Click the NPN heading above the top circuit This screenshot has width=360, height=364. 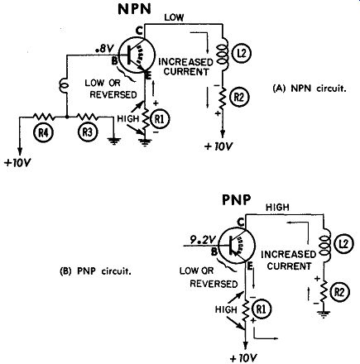[x=135, y=9]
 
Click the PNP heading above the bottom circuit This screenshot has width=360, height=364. [x=237, y=200]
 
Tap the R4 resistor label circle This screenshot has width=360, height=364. [x=43, y=133]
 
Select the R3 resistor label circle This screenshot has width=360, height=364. [x=88, y=132]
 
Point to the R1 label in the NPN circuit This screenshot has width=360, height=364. [x=161, y=119]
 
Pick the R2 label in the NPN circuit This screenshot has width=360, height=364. [x=239, y=97]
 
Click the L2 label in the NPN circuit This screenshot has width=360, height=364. [x=241, y=53]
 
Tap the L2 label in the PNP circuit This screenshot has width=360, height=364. [x=343, y=244]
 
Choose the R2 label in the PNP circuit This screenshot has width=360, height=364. [x=341, y=292]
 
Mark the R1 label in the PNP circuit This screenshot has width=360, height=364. [x=262, y=309]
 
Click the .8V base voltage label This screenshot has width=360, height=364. [x=104, y=50]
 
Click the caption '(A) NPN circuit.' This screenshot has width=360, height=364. [x=309, y=89]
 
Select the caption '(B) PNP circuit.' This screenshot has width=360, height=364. [x=95, y=271]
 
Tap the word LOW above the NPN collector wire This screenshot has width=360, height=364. [x=174, y=17]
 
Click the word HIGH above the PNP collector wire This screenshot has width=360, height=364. [x=277, y=207]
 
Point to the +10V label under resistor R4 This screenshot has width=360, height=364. [x=17, y=162]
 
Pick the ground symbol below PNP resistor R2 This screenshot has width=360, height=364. [x=323, y=314]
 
